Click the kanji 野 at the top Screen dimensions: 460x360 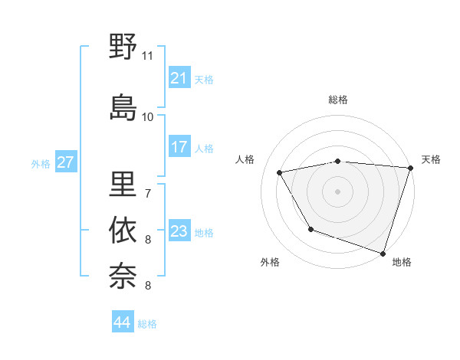pos(123,47)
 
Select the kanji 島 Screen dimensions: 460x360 pos(123,106)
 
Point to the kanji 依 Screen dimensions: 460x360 pos(123,231)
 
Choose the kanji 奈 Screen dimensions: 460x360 pos(123,275)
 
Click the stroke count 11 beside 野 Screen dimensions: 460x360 pos(147,56)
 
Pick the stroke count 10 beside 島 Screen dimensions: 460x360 pos(147,117)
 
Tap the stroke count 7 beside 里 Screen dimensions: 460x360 pos(147,193)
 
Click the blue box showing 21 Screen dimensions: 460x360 pos(179,78)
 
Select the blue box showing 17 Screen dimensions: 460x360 pos(179,147)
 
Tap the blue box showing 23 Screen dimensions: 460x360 pos(179,231)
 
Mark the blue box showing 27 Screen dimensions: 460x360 pos(65,162)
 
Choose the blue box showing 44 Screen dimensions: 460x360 pos(122,322)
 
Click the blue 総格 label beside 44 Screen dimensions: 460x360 pos(147,324)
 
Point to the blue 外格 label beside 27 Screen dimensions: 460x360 pos(41,163)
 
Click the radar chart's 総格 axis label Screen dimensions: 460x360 pos(338,100)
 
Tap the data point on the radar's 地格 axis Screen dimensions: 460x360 pos(383,252)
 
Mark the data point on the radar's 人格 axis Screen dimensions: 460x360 pos(280,173)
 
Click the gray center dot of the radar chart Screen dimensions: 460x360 pos(338,191)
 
